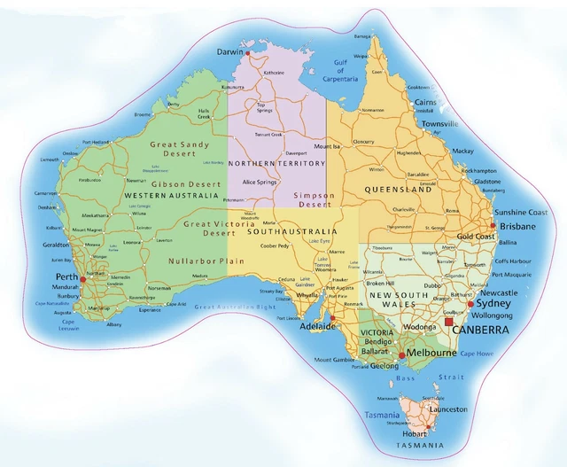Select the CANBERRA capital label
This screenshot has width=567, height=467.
coord(479,330)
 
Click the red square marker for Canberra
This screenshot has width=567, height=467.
coord(448,323)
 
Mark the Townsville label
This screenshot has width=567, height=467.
coord(440,124)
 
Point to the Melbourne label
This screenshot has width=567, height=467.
coord(431,353)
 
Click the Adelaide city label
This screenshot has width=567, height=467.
coord(320,326)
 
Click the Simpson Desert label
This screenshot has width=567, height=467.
coord(315,199)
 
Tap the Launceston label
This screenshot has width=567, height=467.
coord(448,409)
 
